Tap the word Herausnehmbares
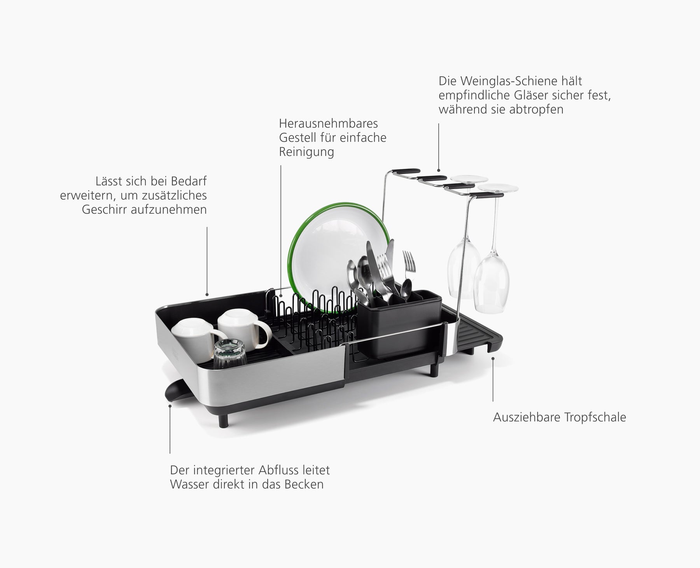pyautogui.click(x=328, y=124)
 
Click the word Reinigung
pyautogui.click(x=306, y=152)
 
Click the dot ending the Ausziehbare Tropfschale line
pyautogui.click(x=493, y=359)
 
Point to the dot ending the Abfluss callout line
pyautogui.click(x=170, y=405)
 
